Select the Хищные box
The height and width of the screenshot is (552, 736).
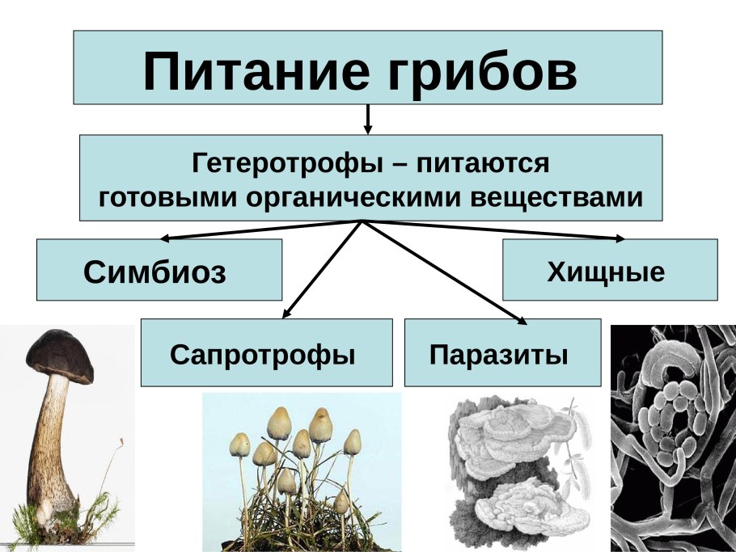[x=609, y=271]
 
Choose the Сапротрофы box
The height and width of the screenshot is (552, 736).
[x=265, y=353]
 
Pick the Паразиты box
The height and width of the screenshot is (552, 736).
[x=501, y=353]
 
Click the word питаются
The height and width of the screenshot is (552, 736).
[x=483, y=164]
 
